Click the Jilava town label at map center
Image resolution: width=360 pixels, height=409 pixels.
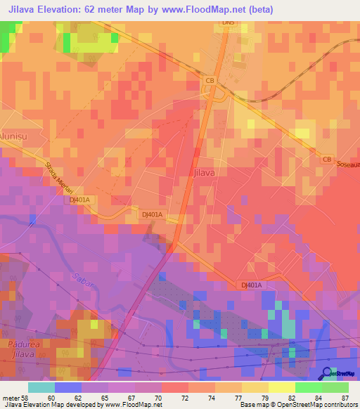(x=202, y=171)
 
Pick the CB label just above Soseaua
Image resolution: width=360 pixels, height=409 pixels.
(x=326, y=159)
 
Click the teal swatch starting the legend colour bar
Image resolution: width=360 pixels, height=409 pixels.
(x=41, y=387)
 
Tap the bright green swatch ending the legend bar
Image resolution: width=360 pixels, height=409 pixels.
(x=335, y=387)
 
